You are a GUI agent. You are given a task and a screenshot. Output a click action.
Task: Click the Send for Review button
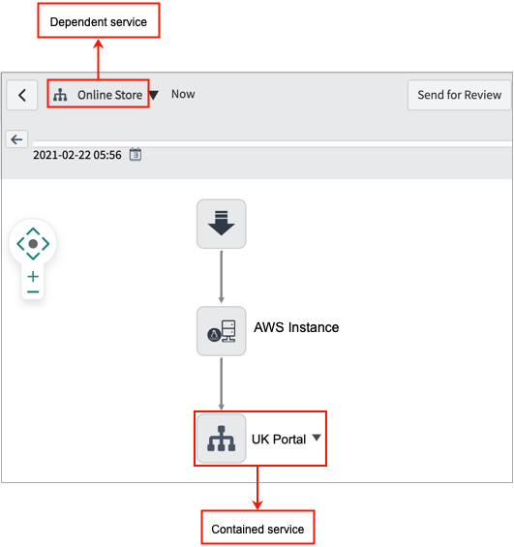(x=459, y=95)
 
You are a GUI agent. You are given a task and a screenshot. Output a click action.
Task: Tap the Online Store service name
(x=109, y=95)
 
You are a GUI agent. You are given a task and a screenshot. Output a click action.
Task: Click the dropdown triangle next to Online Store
(x=154, y=95)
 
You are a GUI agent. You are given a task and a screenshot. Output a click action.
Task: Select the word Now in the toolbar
(x=183, y=94)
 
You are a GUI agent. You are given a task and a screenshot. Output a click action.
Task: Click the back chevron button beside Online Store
(x=22, y=95)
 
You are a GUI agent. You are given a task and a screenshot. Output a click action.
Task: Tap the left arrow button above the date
(x=16, y=139)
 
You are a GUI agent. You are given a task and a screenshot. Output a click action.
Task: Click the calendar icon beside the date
(x=136, y=154)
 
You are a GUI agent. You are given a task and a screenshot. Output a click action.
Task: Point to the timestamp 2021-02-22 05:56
(x=77, y=155)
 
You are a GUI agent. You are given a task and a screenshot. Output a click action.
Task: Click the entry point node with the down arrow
(x=221, y=224)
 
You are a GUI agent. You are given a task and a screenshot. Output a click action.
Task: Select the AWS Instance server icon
(x=221, y=331)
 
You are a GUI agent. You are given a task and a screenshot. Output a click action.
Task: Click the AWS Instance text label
(x=296, y=327)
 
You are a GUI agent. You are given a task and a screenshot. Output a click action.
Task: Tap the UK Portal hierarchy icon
(x=221, y=439)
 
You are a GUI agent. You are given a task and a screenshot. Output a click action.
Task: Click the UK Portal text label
(x=279, y=440)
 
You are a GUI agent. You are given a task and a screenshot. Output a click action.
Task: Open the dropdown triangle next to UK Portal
(x=317, y=438)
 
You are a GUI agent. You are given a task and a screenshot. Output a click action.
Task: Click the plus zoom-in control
(x=33, y=277)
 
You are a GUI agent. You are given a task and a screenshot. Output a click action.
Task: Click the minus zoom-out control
(x=33, y=291)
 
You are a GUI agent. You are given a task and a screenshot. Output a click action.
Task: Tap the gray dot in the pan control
(x=33, y=244)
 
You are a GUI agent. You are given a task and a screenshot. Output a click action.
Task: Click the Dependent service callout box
(x=99, y=20)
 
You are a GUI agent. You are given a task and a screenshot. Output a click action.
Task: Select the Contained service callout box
(x=257, y=527)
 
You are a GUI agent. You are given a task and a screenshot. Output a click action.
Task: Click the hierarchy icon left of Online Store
(x=60, y=95)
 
